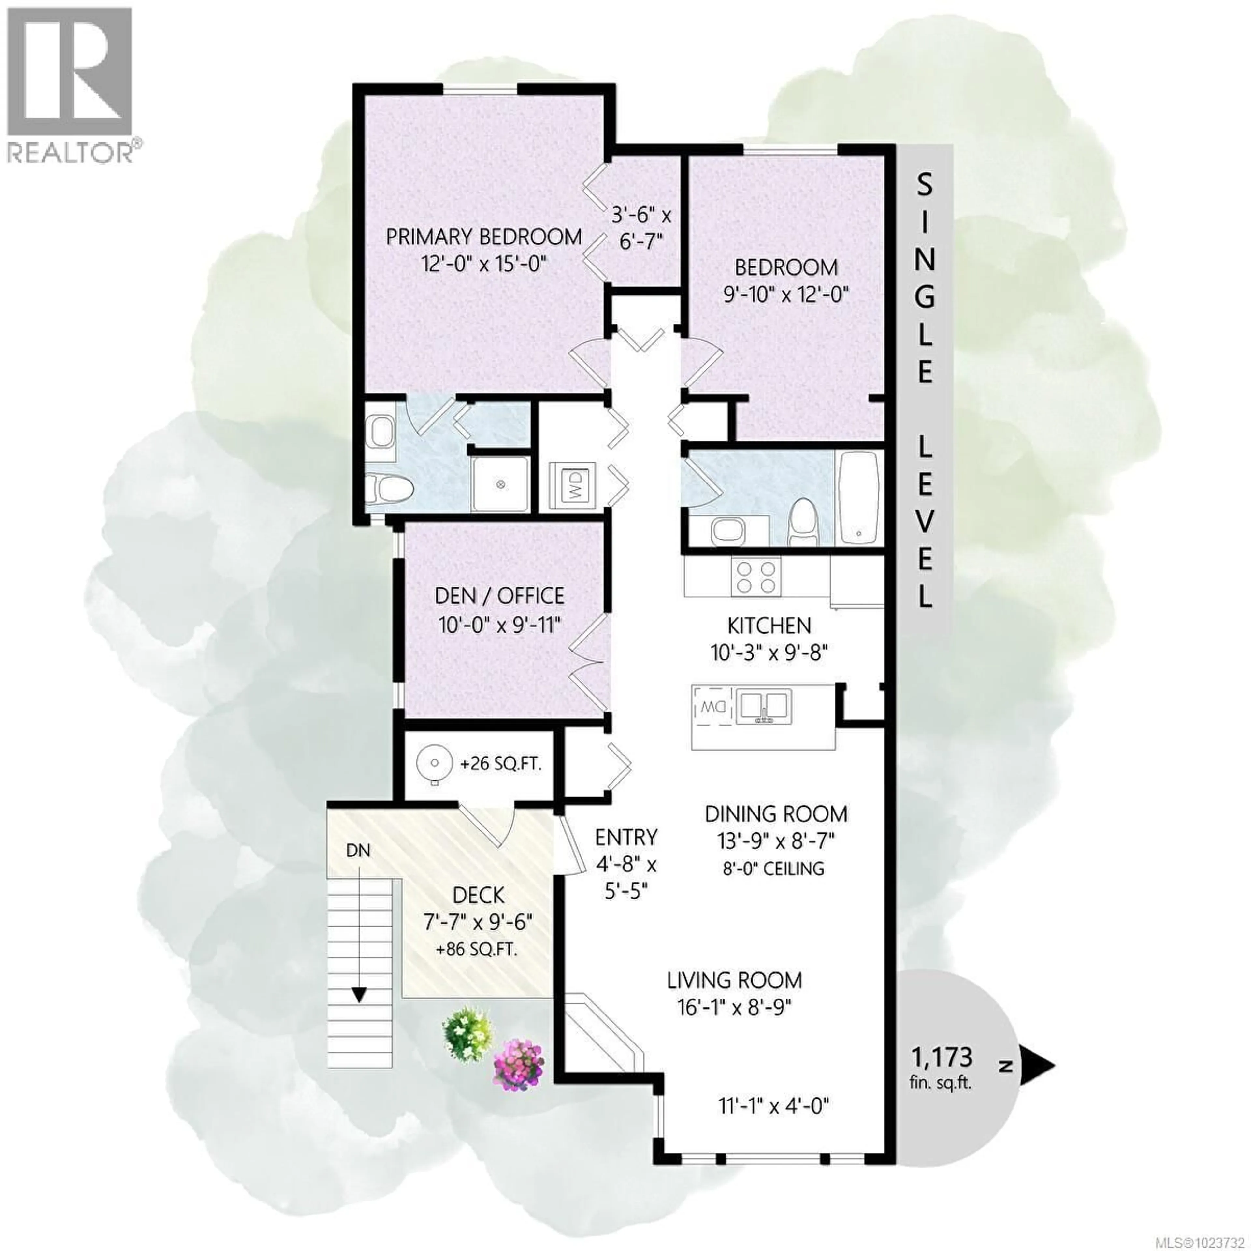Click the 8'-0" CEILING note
pyautogui.click(x=774, y=868)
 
